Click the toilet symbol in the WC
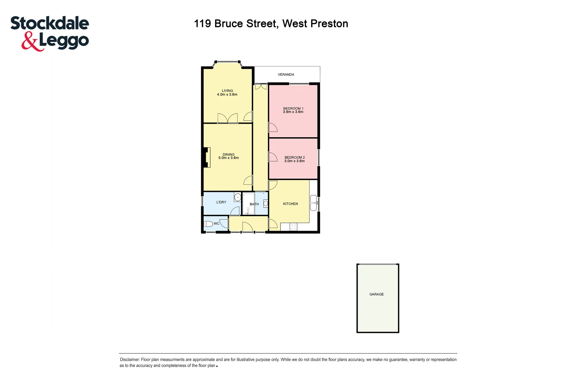(x=208, y=224)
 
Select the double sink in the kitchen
(x=314, y=203)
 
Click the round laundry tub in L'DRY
(x=238, y=198)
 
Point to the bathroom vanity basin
(x=265, y=203)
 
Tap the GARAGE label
(x=377, y=294)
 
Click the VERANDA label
(x=286, y=75)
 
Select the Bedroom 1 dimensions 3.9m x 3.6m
(x=293, y=112)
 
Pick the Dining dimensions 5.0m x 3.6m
(x=228, y=158)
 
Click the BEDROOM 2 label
(x=294, y=157)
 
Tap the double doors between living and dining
(x=227, y=118)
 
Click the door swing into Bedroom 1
(x=272, y=127)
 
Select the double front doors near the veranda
(x=261, y=86)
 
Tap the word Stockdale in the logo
(x=50, y=23)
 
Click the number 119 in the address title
(x=202, y=24)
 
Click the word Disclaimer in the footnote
(x=130, y=360)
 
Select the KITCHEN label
(x=290, y=204)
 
